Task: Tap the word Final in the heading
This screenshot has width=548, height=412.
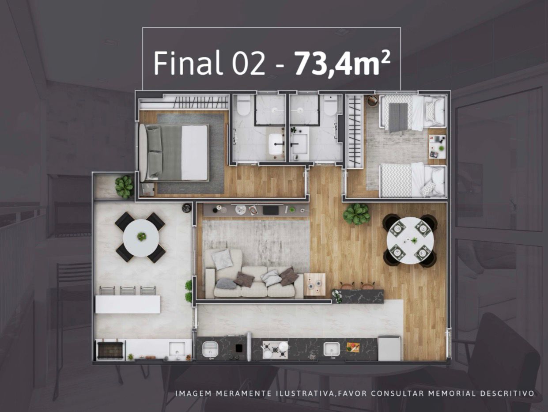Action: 187,63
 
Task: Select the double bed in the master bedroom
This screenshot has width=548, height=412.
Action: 174,152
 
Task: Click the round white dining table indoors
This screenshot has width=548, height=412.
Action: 410,240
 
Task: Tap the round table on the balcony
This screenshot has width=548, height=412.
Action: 141,238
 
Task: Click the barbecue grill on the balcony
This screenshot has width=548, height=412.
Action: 110,350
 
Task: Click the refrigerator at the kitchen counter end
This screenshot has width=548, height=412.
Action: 389,348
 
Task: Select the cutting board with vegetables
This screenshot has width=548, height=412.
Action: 353,347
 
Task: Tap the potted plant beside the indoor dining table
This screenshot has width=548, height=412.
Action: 356,214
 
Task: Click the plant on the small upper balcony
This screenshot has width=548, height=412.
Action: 125,187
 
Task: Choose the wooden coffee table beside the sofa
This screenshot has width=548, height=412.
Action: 314,284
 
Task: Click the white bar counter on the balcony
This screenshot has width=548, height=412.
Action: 128,304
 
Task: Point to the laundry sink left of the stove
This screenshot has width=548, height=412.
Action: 210,349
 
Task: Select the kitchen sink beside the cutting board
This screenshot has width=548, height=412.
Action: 332,348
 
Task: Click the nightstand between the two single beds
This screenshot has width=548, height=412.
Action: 438,147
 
